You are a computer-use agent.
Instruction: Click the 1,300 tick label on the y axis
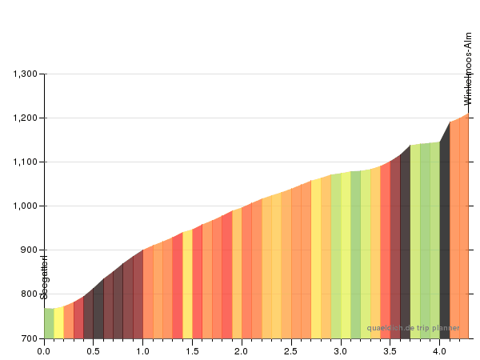tap(26, 74)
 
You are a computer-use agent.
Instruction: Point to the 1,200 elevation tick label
tap(26, 118)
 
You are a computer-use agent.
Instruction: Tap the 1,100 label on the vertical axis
tap(26, 162)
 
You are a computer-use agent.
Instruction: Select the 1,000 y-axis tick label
tap(26, 206)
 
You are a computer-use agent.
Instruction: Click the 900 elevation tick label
tap(30, 250)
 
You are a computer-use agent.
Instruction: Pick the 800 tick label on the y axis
tap(30, 294)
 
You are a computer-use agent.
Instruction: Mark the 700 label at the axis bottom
tap(30, 338)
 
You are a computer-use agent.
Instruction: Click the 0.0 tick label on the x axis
tap(44, 350)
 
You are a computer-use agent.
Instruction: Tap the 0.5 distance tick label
tap(94, 350)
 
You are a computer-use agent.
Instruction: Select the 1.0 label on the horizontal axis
tap(143, 350)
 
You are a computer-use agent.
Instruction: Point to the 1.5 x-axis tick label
tap(193, 350)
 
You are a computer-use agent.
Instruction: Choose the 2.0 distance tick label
tap(242, 350)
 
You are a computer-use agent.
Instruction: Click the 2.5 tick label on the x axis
tap(291, 350)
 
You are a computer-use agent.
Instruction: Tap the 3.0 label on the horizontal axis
tap(341, 350)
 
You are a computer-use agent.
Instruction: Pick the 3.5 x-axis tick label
tap(390, 350)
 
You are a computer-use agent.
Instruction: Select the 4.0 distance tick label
tap(439, 350)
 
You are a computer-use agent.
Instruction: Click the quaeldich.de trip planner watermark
tap(413, 328)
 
